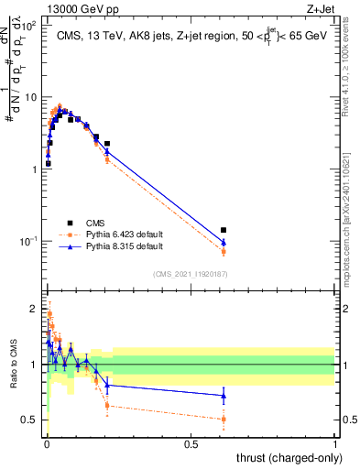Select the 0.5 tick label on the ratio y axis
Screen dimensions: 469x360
click(x=30, y=420)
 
